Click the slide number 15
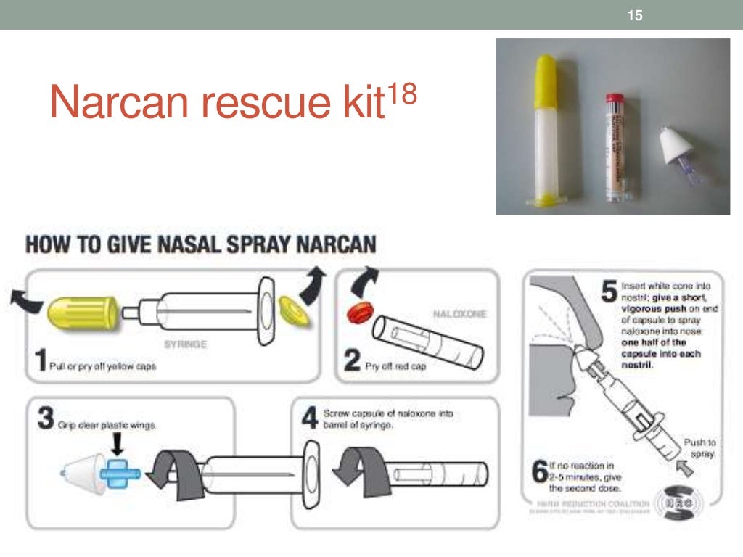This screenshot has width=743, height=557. click(x=635, y=15)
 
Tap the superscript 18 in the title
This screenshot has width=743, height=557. click(x=401, y=94)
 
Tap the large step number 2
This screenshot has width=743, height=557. click(x=352, y=360)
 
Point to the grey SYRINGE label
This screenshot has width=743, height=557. click(x=186, y=344)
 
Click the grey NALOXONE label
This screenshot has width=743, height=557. click(x=459, y=314)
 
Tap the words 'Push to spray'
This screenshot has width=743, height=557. click(x=699, y=447)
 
